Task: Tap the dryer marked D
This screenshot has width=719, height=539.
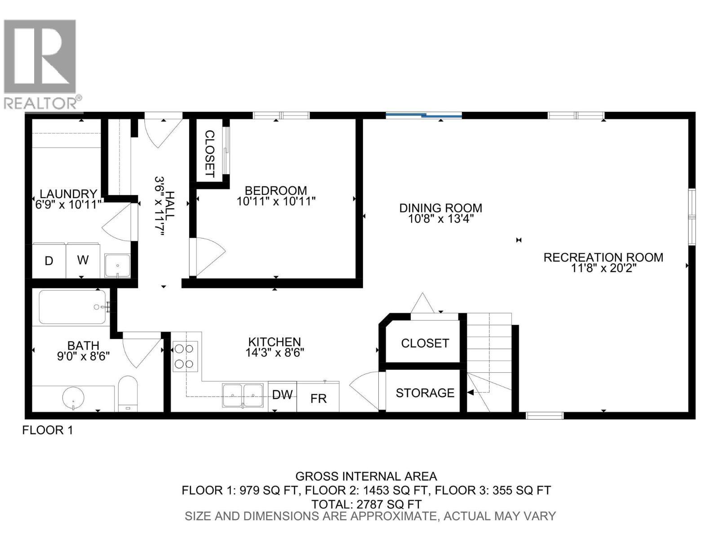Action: click(x=49, y=261)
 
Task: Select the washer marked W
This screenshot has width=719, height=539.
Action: click(x=83, y=260)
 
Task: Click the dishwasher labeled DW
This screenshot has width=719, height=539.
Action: click(x=282, y=395)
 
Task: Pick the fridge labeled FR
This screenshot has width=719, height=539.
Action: click(x=318, y=398)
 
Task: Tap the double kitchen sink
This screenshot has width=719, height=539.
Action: click(x=243, y=395)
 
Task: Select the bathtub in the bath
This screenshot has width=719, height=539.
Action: click(x=73, y=307)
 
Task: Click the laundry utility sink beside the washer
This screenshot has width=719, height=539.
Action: click(x=117, y=265)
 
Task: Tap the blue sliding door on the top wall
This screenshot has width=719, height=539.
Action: click(x=424, y=116)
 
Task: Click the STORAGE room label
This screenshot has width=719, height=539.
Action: click(x=425, y=393)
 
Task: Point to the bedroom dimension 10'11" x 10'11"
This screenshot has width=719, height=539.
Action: click(x=276, y=201)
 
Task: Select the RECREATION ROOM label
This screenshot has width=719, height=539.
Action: click(x=603, y=257)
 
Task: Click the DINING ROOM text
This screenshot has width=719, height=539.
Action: click(x=440, y=208)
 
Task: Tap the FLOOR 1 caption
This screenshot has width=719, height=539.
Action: click(x=48, y=430)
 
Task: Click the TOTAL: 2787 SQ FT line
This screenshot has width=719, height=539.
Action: click(x=366, y=504)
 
